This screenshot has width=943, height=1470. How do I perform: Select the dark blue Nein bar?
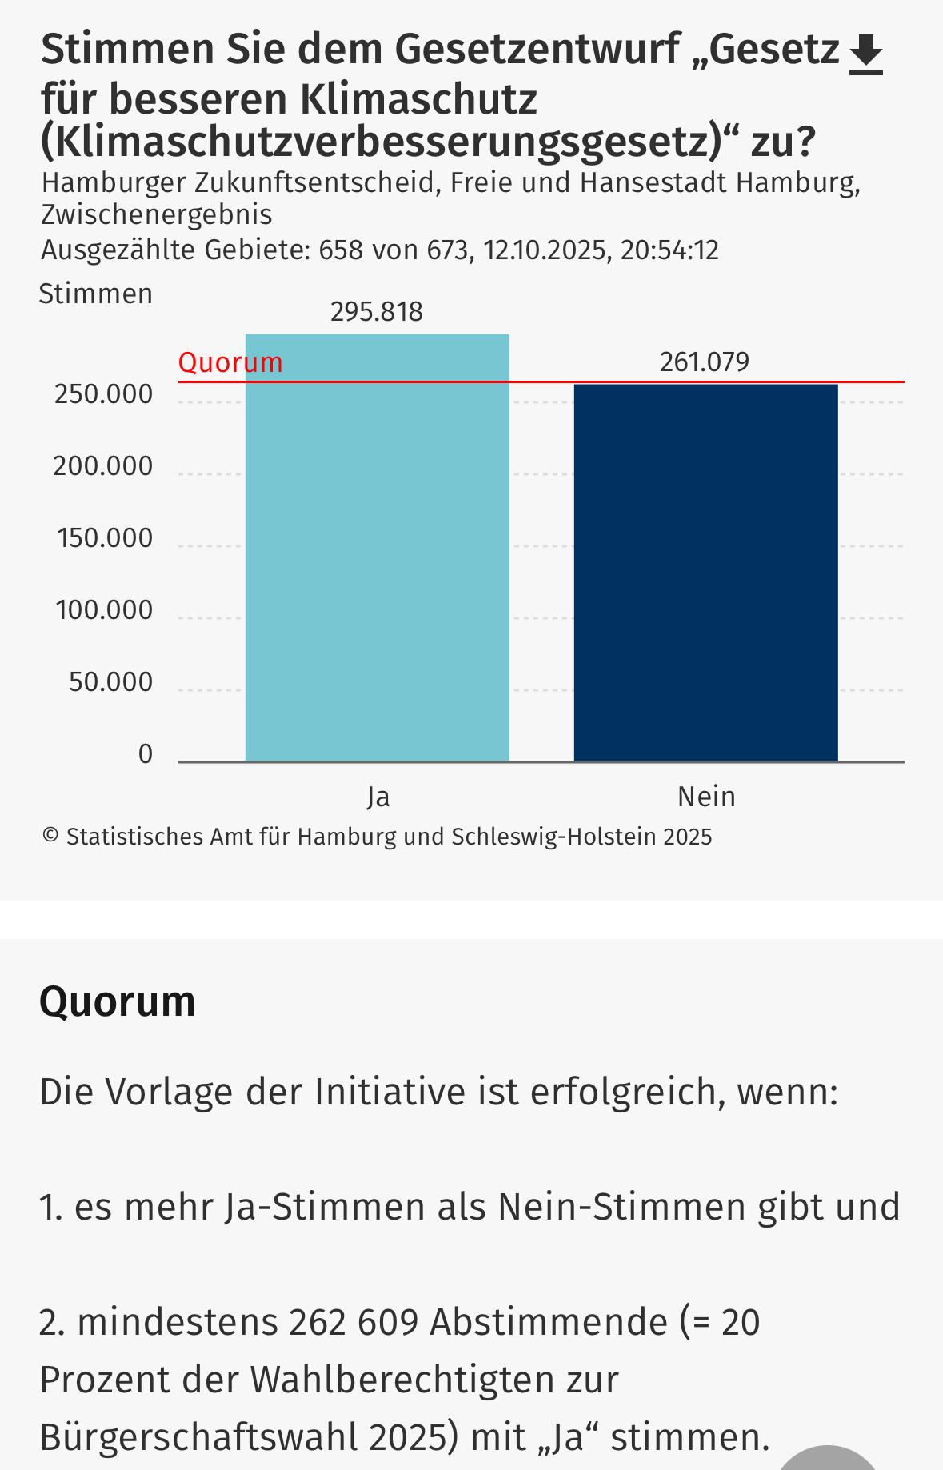click(x=705, y=573)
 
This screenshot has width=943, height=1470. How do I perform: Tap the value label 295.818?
click(x=377, y=311)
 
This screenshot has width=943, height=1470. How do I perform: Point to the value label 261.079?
click(x=705, y=362)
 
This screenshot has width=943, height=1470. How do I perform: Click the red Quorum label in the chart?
click(x=230, y=362)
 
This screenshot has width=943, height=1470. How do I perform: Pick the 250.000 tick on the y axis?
click(x=104, y=394)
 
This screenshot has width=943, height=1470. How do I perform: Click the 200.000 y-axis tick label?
click(x=103, y=466)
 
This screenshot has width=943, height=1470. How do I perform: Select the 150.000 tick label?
click(x=105, y=538)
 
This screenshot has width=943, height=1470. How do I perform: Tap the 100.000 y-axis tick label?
click(x=104, y=610)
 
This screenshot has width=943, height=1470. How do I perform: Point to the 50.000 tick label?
click(x=110, y=682)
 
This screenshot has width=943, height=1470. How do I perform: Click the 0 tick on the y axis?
click(x=145, y=754)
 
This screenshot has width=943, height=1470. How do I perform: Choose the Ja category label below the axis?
click(x=378, y=797)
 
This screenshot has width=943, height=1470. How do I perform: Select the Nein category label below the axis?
click(x=706, y=797)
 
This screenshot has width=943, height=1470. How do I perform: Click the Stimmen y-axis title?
click(x=96, y=294)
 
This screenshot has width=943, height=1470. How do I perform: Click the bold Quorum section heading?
click(x=118, y=1001)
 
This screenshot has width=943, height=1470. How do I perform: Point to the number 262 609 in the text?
click(x=354, y=1322)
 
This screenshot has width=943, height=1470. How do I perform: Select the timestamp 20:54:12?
click(x=669, y=250)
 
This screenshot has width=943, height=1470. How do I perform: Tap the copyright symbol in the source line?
click(x=50, y=837)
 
